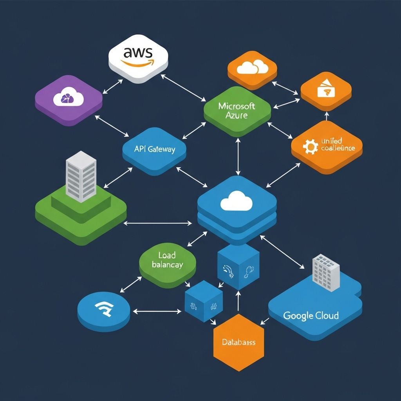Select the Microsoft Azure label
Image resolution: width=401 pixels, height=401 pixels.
point(237,110)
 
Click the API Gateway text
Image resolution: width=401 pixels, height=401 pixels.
point(154,149)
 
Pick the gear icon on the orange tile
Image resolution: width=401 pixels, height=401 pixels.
point(311,146)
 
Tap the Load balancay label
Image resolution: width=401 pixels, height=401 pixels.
point(167,260)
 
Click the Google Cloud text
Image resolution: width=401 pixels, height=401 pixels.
point(311,315)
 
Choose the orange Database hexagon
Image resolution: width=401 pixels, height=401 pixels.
point(238,342)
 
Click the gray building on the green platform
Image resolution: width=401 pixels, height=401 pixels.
point(81,176)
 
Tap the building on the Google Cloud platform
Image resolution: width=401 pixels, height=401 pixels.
point(326,273)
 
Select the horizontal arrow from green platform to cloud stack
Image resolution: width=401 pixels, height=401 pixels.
point(158,224)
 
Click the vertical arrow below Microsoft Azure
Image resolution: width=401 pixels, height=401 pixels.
point(238,156)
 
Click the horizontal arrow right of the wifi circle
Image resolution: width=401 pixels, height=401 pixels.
point(157,312)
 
